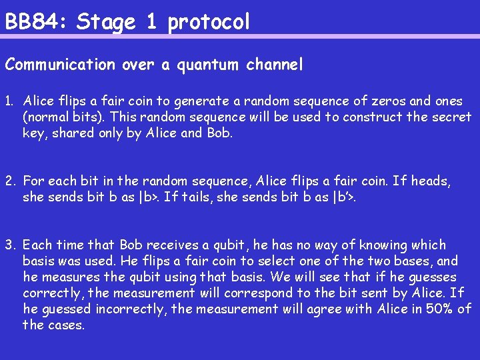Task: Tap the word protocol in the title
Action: click(209, 23)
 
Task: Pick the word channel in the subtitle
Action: click(275, 65)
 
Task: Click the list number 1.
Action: click(9, 101)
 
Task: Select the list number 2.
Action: click(9, 181)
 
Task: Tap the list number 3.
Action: click(9, 245)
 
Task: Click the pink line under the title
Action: click(240, 36)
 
